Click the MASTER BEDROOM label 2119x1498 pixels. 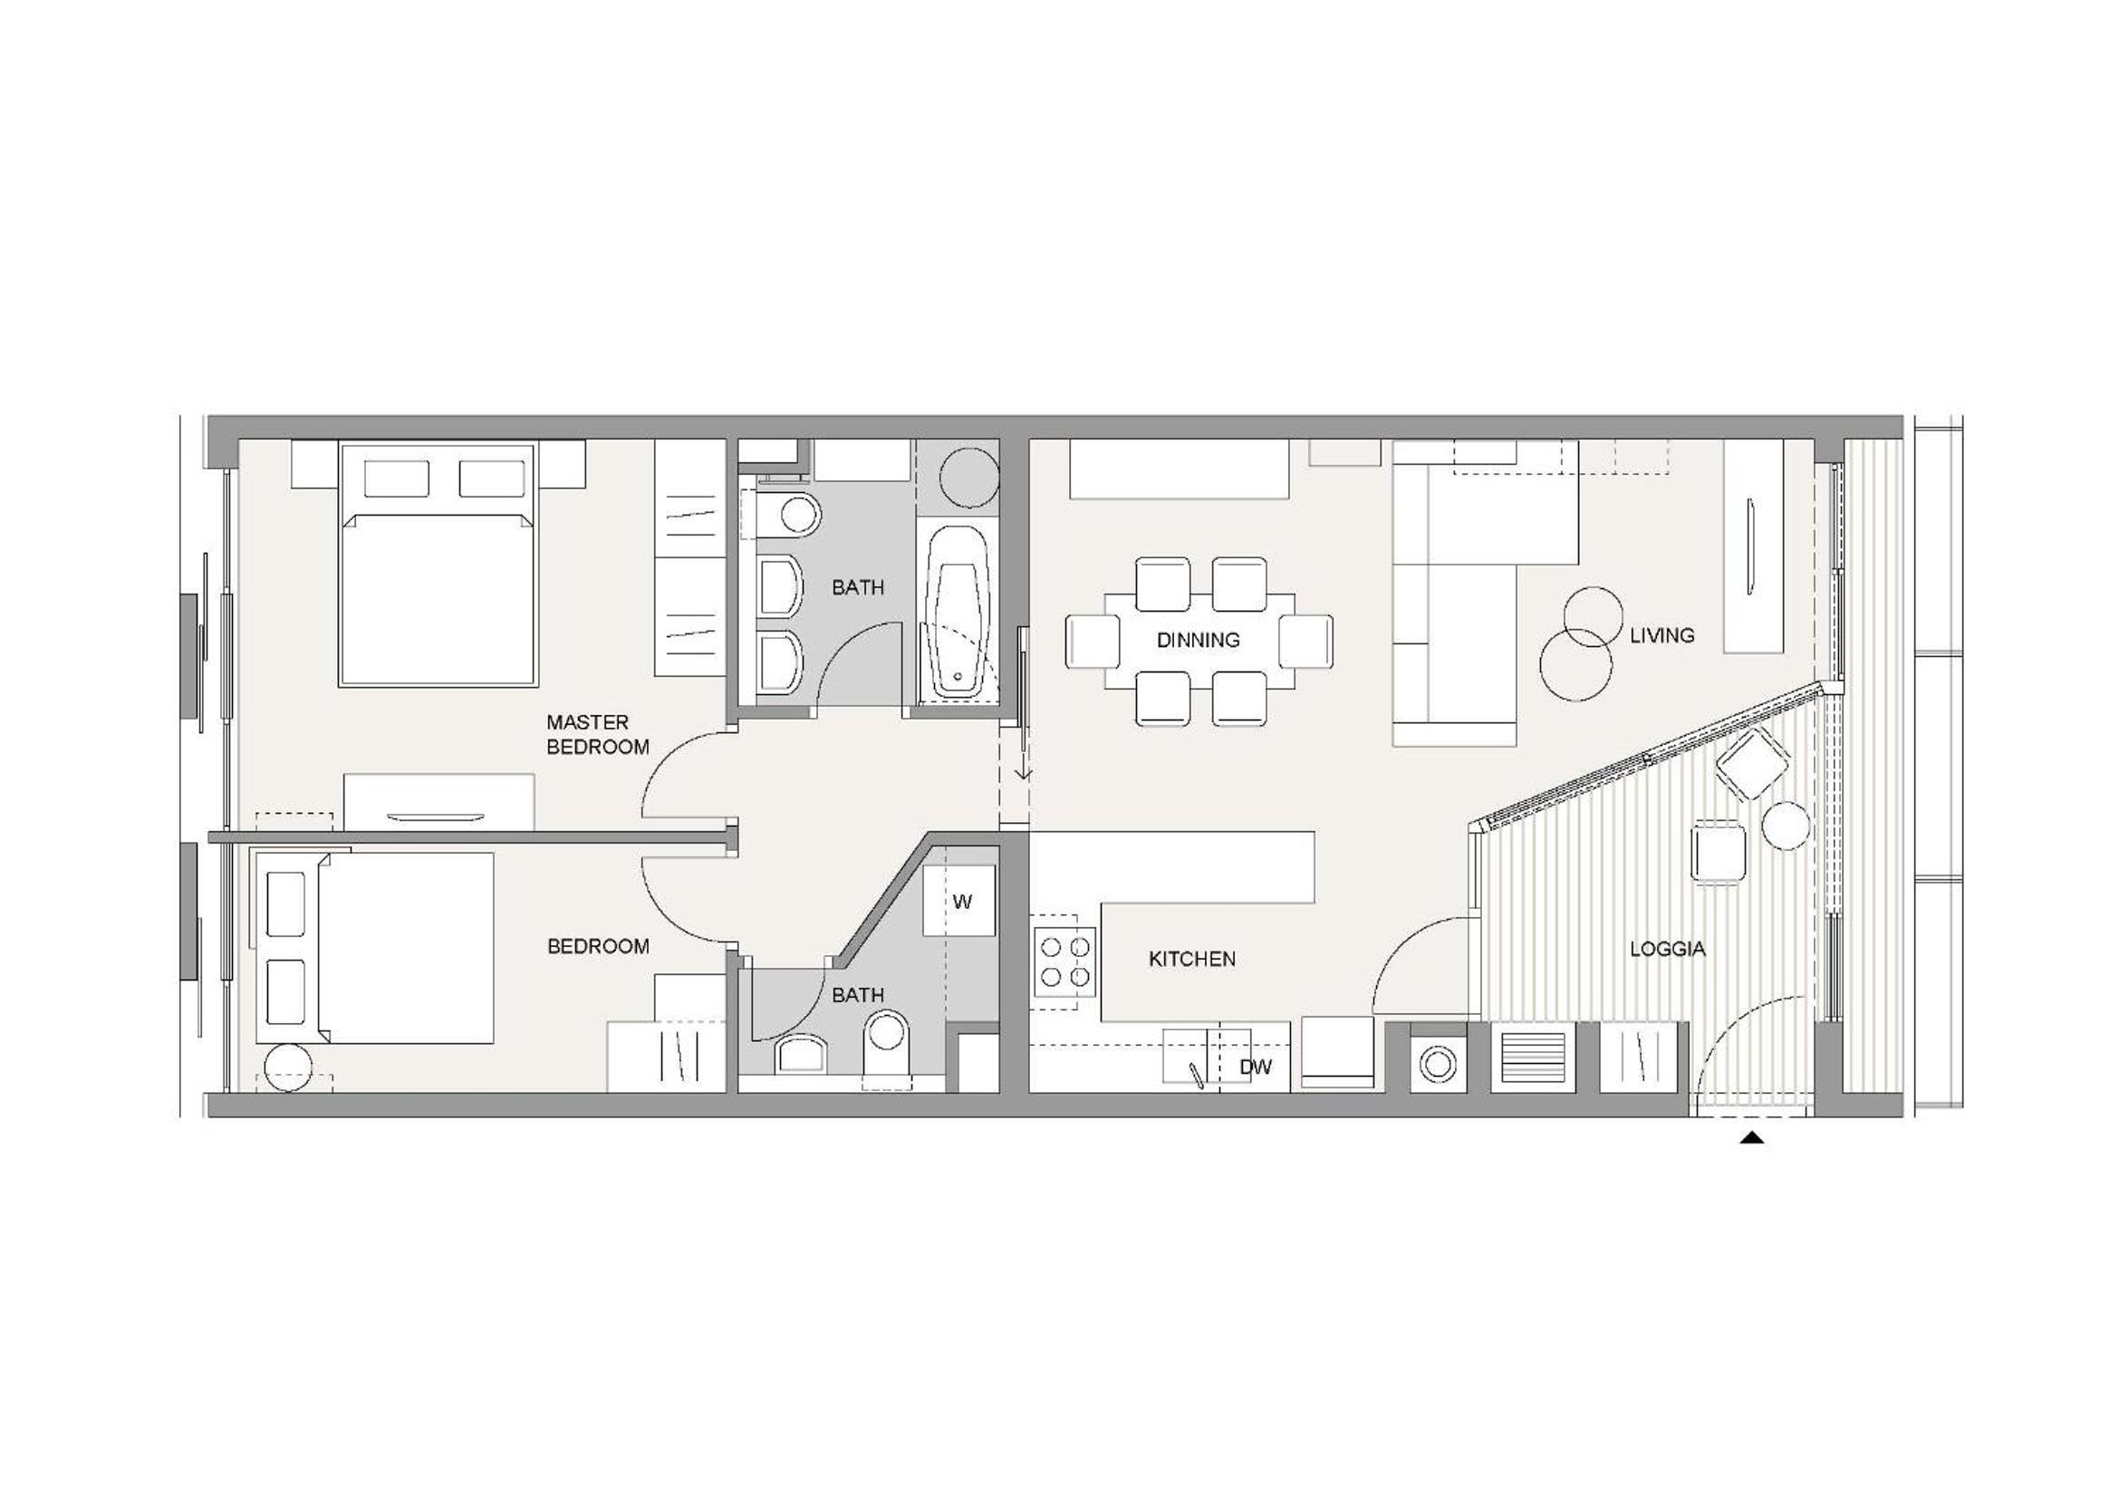point(597,735)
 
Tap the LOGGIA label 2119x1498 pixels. point(1667,949)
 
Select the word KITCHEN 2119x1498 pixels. point(1191,959)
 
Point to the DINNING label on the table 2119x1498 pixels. point(1198,640)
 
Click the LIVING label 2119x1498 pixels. point(1662,635)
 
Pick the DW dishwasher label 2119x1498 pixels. point(1255,1067)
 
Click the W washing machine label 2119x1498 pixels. point(962,902)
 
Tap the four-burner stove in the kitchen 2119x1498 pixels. point(1065,962)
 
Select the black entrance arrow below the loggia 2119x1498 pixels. point(1752,1138)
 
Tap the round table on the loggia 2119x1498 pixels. point(1785,826)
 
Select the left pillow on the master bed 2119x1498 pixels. point(397,478)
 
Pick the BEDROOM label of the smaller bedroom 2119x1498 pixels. point(598,946)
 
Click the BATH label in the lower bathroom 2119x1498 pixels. point(857,995)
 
